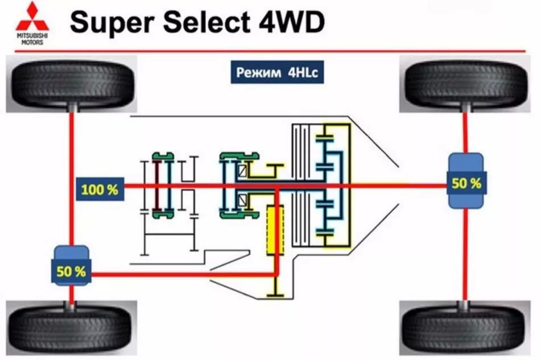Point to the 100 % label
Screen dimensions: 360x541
coord(100,189)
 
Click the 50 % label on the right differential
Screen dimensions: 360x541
coord(466,183)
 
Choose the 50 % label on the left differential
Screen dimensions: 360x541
coord(71,271)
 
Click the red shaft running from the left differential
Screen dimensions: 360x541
coord(182,275)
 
